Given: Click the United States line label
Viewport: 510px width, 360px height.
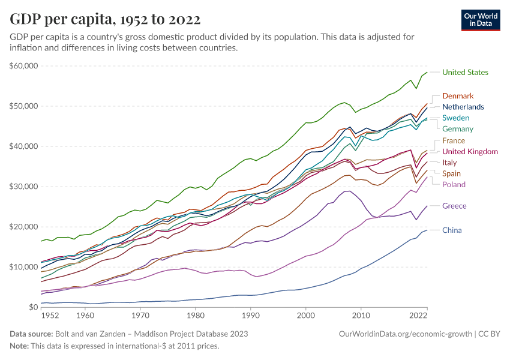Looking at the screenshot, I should pos(465,73).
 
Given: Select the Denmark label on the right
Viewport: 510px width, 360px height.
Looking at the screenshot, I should pos(458,96).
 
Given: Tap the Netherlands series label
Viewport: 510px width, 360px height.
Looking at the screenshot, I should pos(463,107).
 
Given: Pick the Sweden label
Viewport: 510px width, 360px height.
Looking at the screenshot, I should pos(455,118).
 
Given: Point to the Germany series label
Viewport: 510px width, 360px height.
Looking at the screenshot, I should pos(458,129).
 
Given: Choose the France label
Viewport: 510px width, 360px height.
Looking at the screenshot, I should pos(454,141).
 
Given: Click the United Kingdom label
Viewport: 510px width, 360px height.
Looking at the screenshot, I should pos(470,152).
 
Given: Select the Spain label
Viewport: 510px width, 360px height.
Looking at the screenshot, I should pos(452,173).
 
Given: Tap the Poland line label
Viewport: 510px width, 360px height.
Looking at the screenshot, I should pos(454,185).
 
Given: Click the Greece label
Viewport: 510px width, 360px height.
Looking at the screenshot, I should pos(454,206).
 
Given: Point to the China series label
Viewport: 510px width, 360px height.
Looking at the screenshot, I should pos(452,230).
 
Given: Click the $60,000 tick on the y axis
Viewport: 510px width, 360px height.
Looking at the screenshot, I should pos(24,66).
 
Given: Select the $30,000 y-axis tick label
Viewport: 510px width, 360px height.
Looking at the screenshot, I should pos(24,187).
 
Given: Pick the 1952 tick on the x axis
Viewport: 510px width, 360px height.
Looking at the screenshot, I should pos(50,315).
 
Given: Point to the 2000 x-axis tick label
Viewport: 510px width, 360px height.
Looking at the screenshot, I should pos(306,315).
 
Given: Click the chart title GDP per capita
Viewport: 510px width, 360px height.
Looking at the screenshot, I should pos(105,19).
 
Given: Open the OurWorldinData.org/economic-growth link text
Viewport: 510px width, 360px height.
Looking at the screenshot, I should pos(406,334).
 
